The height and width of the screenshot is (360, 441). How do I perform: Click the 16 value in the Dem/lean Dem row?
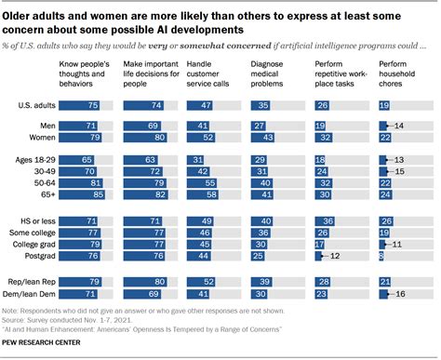(x=402, y=293)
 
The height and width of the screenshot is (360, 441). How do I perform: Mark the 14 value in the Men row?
(x=401, y=124)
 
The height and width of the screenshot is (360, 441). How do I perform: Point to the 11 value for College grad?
(x=400, y=243)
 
